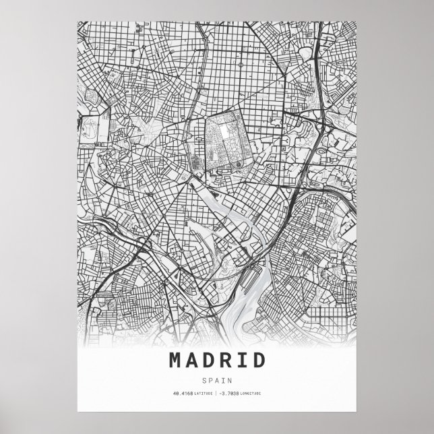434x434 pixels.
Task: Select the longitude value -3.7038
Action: tap(230, 393)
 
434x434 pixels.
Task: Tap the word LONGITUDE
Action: tap(251, 393)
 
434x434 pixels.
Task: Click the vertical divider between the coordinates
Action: tap(217, 393)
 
